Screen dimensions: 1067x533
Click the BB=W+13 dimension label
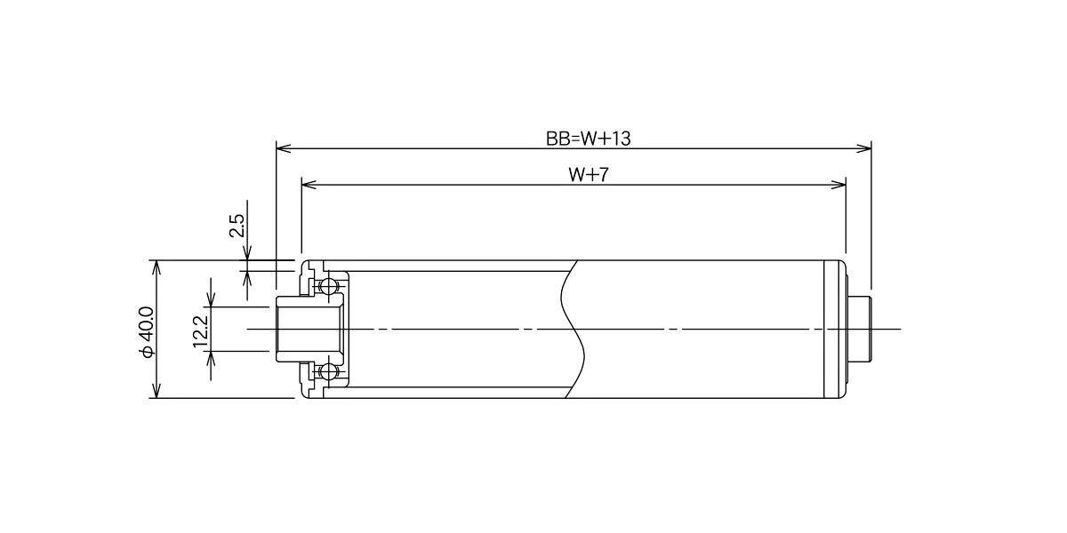[x=588, y=139]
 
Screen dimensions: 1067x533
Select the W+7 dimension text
[x=589, y=175]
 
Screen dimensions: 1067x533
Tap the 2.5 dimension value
[x=237, y=226]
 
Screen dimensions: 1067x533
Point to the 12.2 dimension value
[x=201, y=331]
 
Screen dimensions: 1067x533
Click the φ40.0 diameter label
[x=147, y=331]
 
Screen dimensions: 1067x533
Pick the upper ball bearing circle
[x=328, y=286]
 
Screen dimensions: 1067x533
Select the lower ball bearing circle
[x=328, y=371]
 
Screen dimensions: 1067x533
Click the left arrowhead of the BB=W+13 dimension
[x=284, y=148]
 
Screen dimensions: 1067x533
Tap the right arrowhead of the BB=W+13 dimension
[x=863, y=148]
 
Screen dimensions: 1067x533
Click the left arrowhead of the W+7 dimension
[x=309, y=184]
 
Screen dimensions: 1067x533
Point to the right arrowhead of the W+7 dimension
[x=838, y=184]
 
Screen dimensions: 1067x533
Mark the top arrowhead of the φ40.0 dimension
[x=156, y=267]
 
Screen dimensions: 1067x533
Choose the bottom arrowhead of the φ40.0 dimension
[x=156, y=391]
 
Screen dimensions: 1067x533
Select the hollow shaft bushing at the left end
[x=309, y=329]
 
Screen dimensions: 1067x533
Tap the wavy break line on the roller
[x=573, y=329]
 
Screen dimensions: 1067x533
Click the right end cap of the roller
[x=835, y=329]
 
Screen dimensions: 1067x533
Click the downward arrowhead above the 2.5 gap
[x=247, y=253]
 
